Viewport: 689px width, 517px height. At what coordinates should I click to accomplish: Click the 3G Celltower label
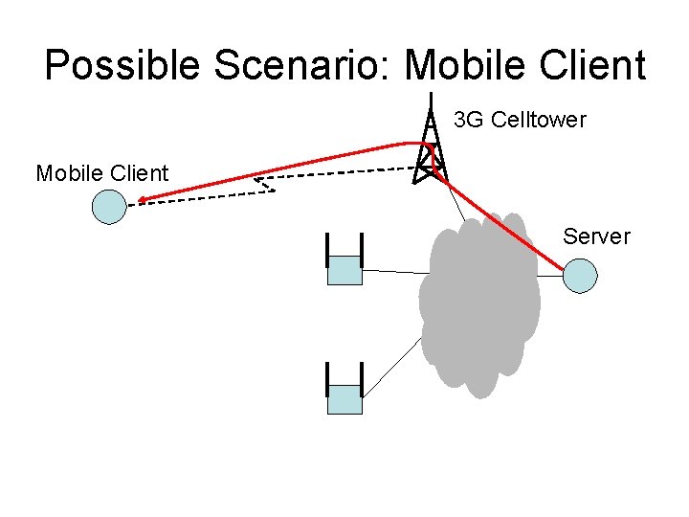(x=520, y=120)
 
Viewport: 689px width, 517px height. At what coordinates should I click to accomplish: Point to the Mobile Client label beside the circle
(x=101, y=173)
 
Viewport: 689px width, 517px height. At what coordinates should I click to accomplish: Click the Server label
(x=597, y=236)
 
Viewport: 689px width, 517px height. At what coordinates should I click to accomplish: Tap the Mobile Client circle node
(x=110, y=207)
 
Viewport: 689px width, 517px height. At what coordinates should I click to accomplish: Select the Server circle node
(x=580, y=276)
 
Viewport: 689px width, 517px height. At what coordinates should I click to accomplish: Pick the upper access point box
(x=344, y=271)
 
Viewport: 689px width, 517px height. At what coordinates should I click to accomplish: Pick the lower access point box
(x=344, y=399)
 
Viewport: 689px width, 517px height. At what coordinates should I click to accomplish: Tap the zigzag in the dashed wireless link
(x=264, y=185)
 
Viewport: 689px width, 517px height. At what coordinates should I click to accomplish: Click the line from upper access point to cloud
(x=392, y=272)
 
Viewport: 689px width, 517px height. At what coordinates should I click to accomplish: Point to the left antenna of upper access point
(x=327, y=251)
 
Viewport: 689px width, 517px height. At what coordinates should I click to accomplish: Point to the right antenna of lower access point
(x=362, y=379)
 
